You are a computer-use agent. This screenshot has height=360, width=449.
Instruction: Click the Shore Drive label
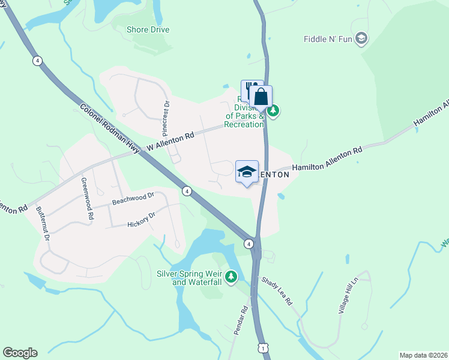coord(148,29)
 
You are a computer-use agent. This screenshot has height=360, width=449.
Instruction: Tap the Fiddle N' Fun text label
coord(330,40)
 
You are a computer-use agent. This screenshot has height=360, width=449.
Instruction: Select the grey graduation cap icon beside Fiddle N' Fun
coord(361,40)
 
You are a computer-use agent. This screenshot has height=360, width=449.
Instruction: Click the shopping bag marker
coord(261,97)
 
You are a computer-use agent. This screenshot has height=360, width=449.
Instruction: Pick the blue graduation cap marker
coord(247,172)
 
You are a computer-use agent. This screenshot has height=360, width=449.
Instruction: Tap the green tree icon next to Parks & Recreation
coord(273,110)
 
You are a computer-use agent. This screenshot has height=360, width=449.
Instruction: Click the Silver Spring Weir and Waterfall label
coord(189,277)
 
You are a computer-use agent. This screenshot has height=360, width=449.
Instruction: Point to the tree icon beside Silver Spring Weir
coord(231,277)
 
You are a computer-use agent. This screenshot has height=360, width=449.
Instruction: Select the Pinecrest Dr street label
coord(166,116)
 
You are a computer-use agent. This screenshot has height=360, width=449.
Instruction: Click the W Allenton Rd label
coord(171,141)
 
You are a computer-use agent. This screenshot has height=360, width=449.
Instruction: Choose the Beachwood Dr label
coord(133,196)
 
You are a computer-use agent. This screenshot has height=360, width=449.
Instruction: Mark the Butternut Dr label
coord(44,224)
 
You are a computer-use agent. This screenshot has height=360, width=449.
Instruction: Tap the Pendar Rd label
coord(240,321)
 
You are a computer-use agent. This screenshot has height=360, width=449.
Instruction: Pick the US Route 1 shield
coord(262,348)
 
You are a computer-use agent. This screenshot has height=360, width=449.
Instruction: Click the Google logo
coord(20,353)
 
